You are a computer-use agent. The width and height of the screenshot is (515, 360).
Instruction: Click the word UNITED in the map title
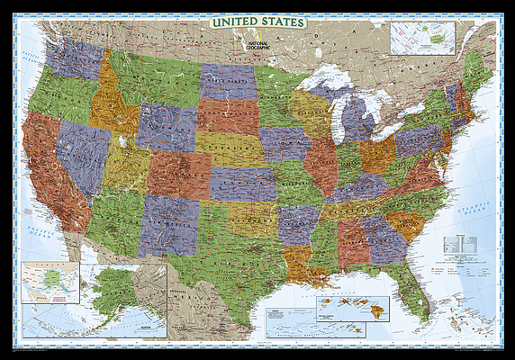[x=233, y=21]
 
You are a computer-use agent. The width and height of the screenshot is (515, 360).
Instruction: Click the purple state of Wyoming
[x=167, y=126]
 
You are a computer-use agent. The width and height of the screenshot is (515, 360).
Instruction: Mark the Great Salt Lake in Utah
[x=120, y=141]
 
